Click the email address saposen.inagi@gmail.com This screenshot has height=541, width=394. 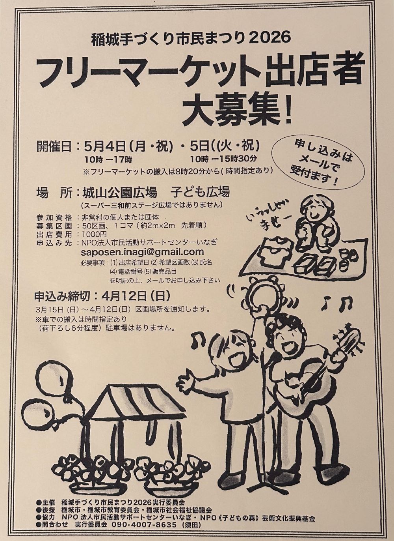point(142,252)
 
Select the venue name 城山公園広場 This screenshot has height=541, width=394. point(120,193)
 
